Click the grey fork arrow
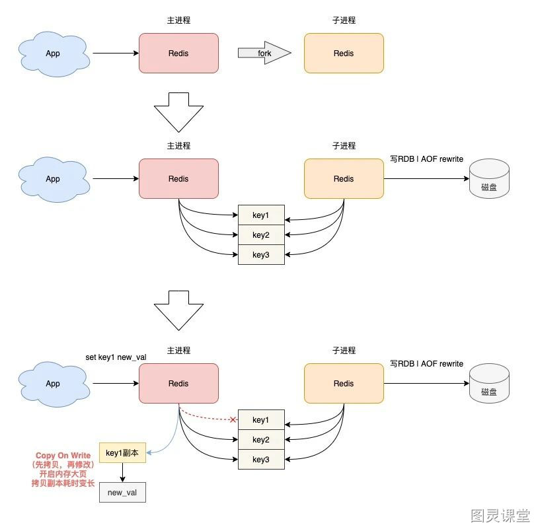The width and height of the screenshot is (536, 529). pos(264,53)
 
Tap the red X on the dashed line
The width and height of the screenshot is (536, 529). pos(233,419)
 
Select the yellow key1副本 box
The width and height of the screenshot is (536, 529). pos(122,453)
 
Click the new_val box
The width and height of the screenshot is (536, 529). pos(122,493)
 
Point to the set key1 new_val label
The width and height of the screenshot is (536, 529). pos(116,357)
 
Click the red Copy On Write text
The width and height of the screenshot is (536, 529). pos(63,456)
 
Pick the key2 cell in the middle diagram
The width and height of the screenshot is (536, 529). pos(261,235)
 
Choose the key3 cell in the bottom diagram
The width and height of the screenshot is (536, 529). pos(261,460)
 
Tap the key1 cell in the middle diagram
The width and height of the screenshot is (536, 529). pos(261,215)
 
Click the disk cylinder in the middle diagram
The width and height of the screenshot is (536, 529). pos(489,178)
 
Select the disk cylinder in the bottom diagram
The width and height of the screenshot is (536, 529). pos(489,383)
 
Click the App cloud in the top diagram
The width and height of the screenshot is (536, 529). pos(54,53)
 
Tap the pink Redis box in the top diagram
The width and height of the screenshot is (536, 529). pos(178,53)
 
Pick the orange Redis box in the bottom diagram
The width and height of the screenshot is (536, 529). pos(344,383)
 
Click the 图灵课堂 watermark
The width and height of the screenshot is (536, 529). pos(500,515)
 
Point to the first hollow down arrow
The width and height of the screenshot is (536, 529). pos(178,112)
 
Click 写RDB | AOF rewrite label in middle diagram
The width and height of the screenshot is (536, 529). pos(426,159)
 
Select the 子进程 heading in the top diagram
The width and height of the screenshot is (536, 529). pos(344,20)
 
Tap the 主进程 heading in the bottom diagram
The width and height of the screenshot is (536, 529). pos(178,351)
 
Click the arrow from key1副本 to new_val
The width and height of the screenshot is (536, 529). pos(122,472)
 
